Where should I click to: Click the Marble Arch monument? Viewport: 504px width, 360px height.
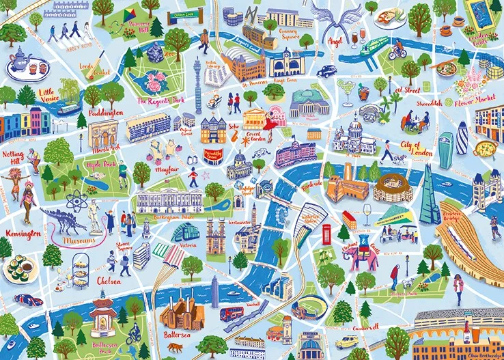click(x=103, y=133)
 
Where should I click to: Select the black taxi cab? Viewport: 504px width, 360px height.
click(x=326, y=70)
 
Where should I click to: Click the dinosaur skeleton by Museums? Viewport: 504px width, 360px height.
click(x=65, y=219)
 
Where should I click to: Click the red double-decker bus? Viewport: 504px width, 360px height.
click(x=233, y=314)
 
